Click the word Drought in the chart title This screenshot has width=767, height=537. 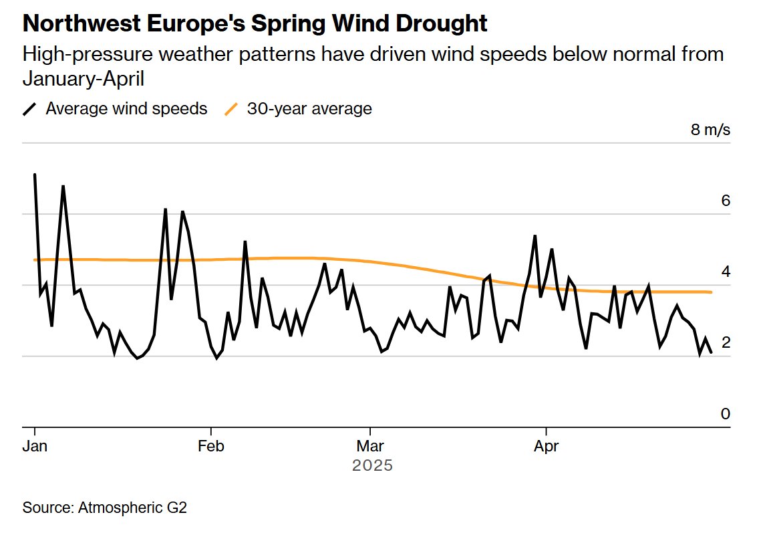(x=441, y=23)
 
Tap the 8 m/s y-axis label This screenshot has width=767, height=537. (x=710, y=130)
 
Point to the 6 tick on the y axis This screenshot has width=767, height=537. (x=726, y=200)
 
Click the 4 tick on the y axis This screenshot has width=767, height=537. (x=726, y=272)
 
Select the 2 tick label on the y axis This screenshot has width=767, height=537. (x=726, y=342)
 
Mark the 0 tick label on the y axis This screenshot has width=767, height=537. (x=726, y=414)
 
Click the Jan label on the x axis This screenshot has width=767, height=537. (x=35, y=446)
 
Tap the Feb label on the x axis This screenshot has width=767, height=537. (x=211, y=446)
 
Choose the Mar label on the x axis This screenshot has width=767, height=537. (x=370, y=446)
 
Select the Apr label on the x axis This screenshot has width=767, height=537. (x=546, y=447)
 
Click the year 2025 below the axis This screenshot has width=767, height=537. (x=372, y=465)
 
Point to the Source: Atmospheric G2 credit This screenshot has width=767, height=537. (x=105, y=508)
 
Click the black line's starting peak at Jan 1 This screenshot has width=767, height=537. (x=35, y=175)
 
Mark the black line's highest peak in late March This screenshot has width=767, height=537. (x=534, y=236)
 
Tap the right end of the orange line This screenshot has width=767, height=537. (x=711, y=292)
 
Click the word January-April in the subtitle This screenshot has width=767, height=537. (x=83, y=79)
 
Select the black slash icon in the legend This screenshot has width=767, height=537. (x=30, y=109)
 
